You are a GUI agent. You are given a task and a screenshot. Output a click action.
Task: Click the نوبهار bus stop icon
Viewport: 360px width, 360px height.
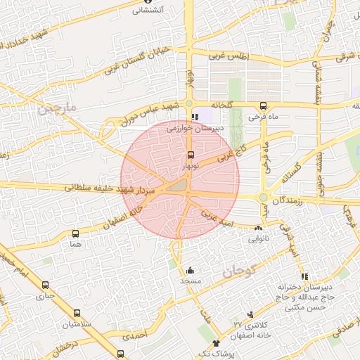191,156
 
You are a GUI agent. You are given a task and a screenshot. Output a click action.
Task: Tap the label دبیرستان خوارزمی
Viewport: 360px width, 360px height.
195,129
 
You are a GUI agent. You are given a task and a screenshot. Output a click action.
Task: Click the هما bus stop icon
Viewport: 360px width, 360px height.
75,233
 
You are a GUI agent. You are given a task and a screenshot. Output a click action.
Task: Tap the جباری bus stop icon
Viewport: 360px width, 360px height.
46,285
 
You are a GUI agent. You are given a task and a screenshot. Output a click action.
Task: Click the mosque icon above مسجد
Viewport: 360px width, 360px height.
190,270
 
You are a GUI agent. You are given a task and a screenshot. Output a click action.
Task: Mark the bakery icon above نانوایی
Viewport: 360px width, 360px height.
259,229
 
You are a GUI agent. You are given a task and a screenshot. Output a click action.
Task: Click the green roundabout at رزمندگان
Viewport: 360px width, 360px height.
264,198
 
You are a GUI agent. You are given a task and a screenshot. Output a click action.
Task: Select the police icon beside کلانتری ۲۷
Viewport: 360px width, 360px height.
250,314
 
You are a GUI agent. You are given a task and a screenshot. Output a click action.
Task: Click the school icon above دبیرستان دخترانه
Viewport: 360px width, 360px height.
304,276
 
